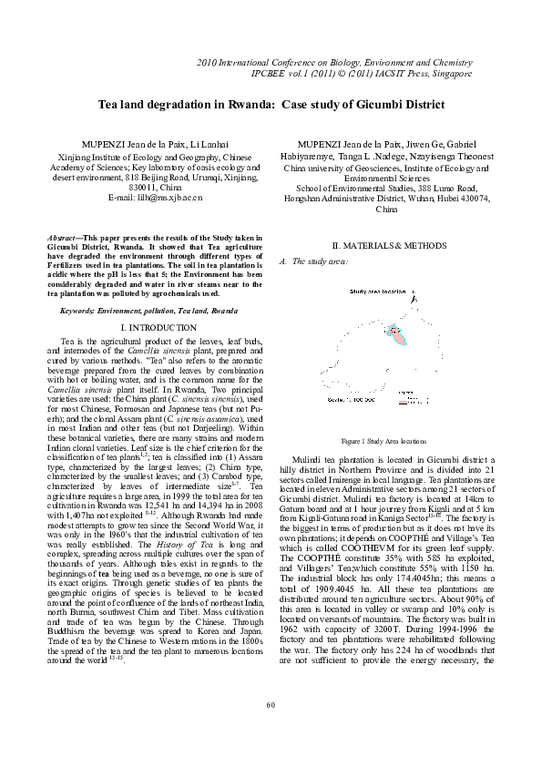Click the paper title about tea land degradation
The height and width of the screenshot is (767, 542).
(x=271, y=105)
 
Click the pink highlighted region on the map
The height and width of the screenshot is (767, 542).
(x=397, y=335)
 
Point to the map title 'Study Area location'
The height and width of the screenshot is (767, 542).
(x=377, y=291)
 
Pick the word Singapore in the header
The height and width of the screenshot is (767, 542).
(x=449, y=72)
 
